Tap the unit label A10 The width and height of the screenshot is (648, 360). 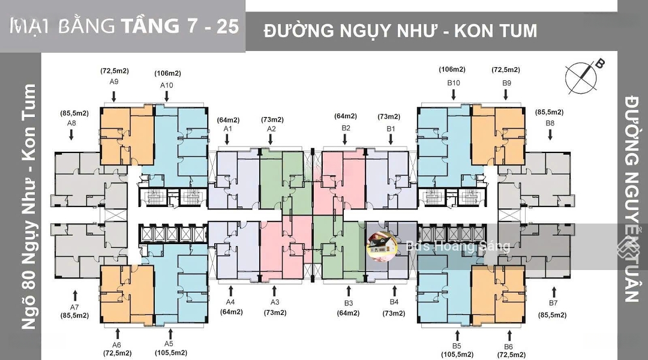point(167,85)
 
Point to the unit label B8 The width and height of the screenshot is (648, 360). point(550,123)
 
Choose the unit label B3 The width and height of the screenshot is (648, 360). point(349,303)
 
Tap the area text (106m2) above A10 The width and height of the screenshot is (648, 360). point(167,73)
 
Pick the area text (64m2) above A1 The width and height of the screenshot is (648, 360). point(227,119)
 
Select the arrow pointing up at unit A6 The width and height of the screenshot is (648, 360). point(117,333)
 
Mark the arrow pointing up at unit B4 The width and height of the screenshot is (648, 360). point(394,292)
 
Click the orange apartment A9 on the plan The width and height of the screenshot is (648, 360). point(126,135)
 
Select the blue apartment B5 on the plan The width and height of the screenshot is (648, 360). point(444,294)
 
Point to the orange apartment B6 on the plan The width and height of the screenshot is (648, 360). point(498,294)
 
